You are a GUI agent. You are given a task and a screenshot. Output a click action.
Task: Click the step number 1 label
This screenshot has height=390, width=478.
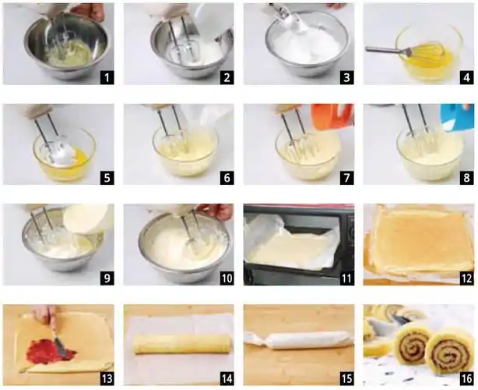(x=107, y=78)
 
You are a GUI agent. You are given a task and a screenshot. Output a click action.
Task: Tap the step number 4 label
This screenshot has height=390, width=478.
(x=467, y=78)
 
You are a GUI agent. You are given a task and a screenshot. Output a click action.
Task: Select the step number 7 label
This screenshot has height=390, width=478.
(x=347, y=178)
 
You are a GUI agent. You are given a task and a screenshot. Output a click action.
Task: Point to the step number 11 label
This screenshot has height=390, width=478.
(x=347, y=278)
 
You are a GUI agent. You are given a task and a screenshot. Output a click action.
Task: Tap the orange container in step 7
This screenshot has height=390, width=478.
(x=333, y=118)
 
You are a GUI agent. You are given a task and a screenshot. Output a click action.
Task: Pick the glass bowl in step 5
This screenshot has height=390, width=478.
(x=64, y=154)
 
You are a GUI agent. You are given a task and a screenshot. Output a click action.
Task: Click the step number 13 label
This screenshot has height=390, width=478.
(x=107, y=379)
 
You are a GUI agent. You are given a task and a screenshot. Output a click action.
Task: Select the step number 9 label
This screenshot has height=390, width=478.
(x=107, y=278)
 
